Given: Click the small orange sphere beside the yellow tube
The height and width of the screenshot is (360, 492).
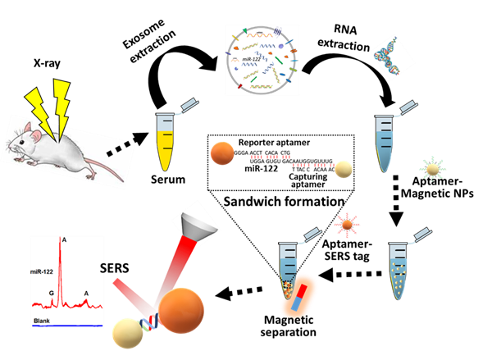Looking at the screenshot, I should pos(222,153).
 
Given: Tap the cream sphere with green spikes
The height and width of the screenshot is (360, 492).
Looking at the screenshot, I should pos(432,168).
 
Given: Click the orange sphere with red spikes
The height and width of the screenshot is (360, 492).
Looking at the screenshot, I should pos(347,223).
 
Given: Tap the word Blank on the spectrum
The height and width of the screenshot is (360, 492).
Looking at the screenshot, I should pos(44,319).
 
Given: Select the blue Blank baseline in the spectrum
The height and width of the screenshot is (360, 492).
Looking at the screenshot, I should pos(74,326).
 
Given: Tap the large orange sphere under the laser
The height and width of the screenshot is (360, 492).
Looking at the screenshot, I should pos(181,310).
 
